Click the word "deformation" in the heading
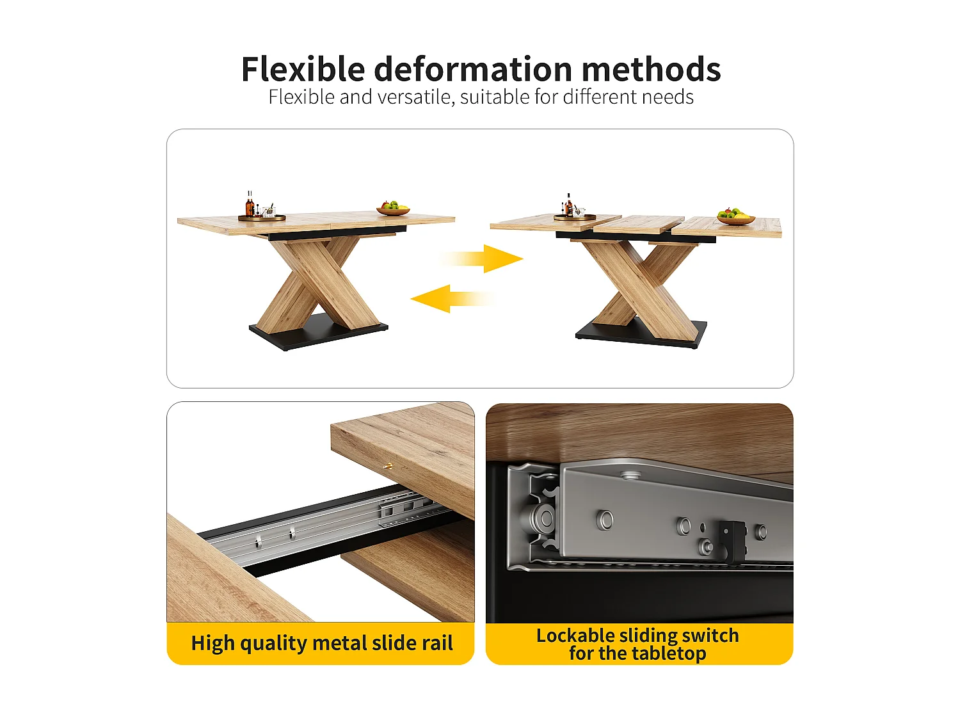(473, 69)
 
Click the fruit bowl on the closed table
(393, 209)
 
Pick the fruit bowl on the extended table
(735, 217)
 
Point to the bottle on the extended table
(568, 204)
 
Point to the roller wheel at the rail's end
(544, 518)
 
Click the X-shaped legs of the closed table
(318, 282)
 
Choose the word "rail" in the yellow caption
(437, 643)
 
